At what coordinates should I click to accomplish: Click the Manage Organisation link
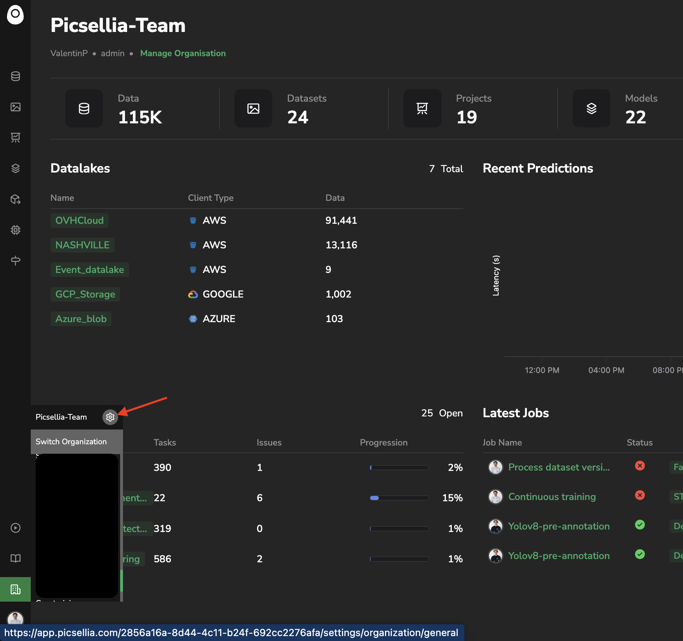tap(183, 53)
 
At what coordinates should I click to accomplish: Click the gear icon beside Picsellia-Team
tap(110, 417)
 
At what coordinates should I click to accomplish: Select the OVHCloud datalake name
tap(80, 220)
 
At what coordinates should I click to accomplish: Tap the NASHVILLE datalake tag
tap(82, 245)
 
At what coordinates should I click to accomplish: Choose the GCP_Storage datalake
tap(85, 294)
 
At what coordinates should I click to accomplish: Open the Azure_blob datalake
tap(81, 319)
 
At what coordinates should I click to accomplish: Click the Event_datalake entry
tap(89, 270)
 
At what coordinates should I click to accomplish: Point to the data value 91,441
tap(341, 220)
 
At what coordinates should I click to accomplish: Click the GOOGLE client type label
tap(223, 294)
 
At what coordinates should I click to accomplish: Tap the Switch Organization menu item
tap(71, 442)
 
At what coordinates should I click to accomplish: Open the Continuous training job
tap(552, 497)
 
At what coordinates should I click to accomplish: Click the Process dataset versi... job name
tap(559, 467)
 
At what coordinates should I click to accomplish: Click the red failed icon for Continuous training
tap(640, 495)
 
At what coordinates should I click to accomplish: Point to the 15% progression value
tap(452, 498)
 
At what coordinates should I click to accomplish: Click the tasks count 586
tap(162, 559)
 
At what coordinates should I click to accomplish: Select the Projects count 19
tap(467, 118)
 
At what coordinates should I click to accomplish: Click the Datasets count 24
tap(298, 118)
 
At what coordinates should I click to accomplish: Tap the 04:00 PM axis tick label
tap(606, 371)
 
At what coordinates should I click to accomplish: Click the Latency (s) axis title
tap(496, 275)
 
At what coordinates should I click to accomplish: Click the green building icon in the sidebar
tap(16, 589)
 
